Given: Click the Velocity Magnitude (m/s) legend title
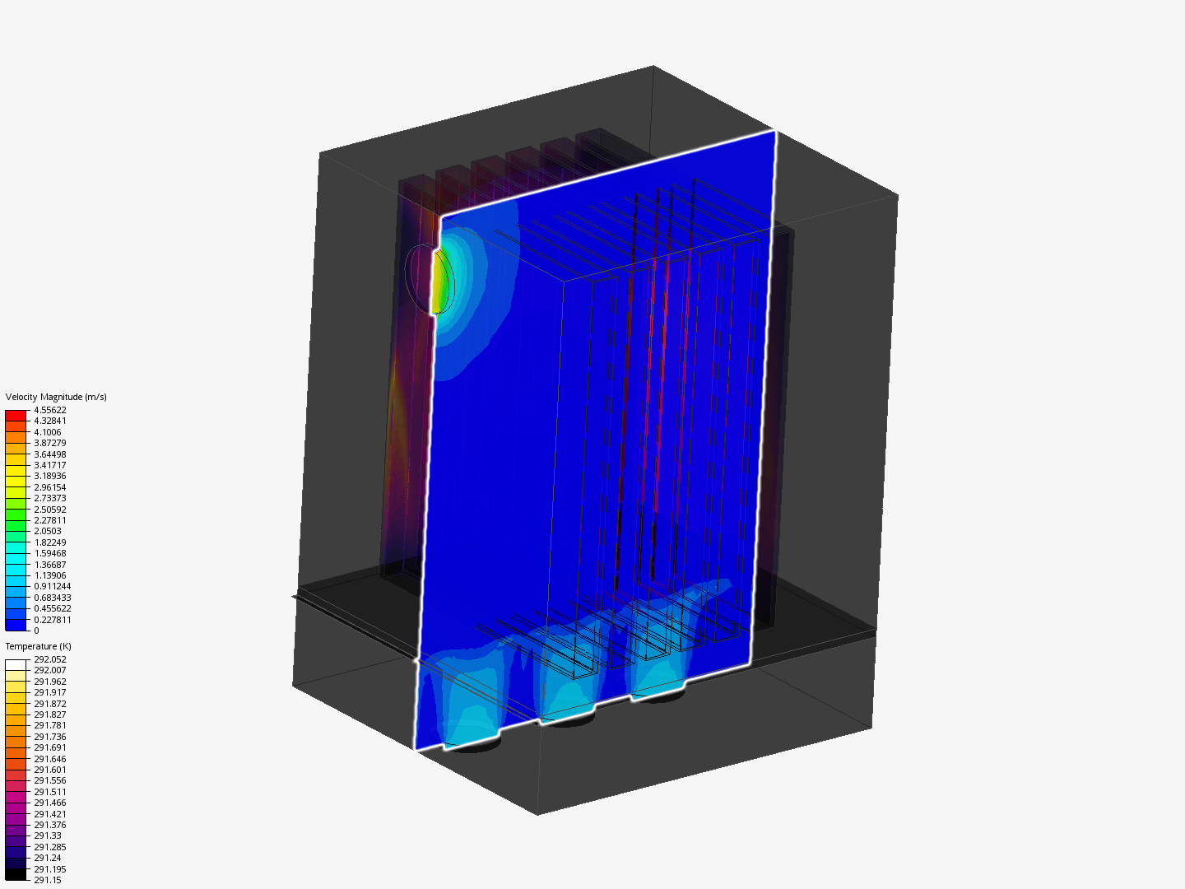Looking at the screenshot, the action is point(56,397).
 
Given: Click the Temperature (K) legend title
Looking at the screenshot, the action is point(39,646).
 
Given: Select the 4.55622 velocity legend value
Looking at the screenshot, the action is point(50,410).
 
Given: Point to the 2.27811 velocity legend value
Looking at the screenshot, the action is point(50,520).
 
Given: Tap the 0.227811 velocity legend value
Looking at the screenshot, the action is point(53,620).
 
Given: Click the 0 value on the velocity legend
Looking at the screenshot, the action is point(36,631).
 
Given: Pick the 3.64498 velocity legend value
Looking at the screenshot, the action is point(50,454).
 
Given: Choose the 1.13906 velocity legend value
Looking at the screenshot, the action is point(50,575).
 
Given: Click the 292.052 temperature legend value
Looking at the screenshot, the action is point(50,659).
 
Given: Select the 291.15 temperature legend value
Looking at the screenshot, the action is point(48,880).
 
